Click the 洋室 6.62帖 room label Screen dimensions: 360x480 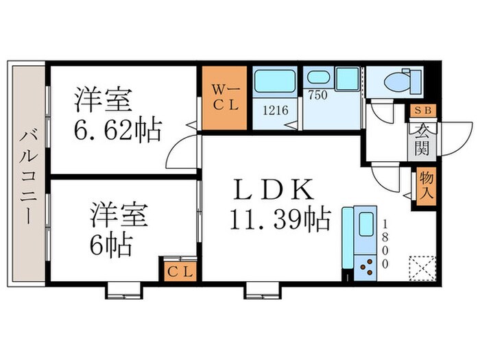pos(117,115)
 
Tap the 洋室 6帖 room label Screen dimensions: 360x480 pos(117,227)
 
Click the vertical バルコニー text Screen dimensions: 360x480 pos(27,176)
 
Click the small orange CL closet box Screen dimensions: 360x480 pos(179,270)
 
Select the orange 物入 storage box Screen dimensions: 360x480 pos(424,186)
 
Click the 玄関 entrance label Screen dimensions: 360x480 pos(420,139)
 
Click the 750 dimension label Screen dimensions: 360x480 pos(316,96)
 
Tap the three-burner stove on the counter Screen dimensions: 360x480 pos(365,264)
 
